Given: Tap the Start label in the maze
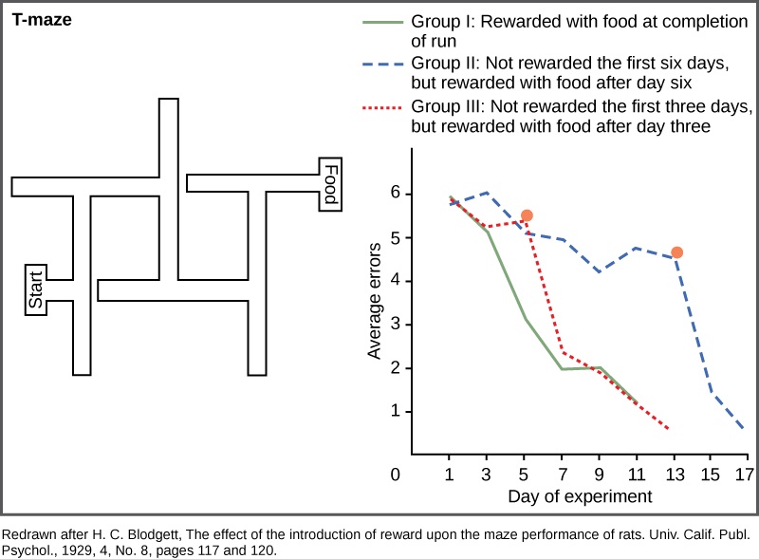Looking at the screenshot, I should coord(35,289).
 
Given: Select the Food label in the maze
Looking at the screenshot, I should coord(330,185).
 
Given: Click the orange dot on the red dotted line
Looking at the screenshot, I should coord(527,216).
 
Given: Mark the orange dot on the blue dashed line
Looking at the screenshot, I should coord(676,252).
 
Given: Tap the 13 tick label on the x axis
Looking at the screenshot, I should coord(675,475).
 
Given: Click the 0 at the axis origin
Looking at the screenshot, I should coord(395,475).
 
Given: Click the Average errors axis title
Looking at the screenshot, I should coord(375,301).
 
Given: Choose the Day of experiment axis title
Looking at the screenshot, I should coord(580,496).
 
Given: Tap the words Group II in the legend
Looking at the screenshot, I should coord(443,64).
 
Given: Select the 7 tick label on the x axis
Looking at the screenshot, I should coord(563,475).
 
